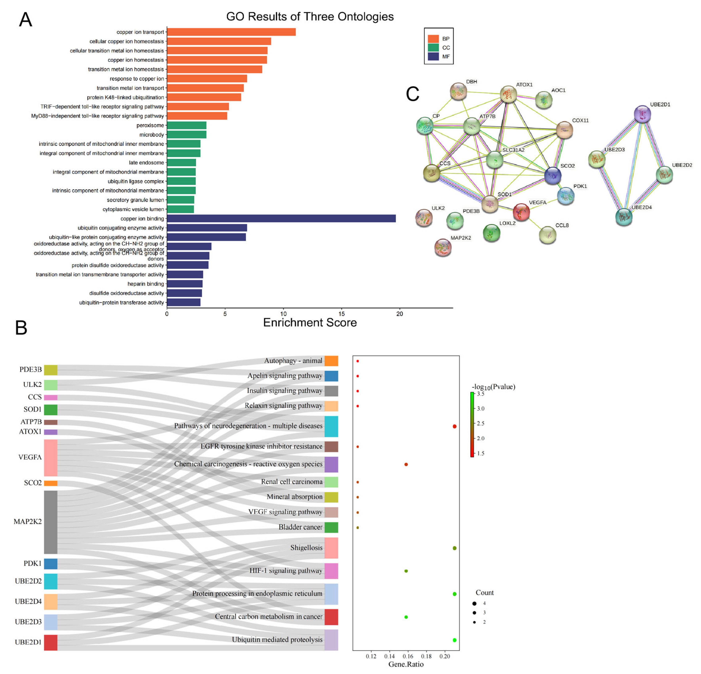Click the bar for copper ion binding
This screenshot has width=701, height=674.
coord(281,218)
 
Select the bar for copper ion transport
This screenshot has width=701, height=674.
coord(231,32)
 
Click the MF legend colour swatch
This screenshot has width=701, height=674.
coord(433,56)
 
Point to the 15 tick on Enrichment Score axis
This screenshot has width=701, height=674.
coord(342,313)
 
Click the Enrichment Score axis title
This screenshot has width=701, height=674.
coord(310,323)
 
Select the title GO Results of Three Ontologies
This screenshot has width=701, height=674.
coord(310,16)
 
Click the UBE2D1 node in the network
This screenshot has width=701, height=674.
coord(642,114)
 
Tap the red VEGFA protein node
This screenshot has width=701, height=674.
coord(521,212)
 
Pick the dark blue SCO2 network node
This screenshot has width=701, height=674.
coord(553,176)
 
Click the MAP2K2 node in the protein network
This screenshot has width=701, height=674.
coord(443,247)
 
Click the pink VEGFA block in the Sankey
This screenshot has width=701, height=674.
coord(50,458)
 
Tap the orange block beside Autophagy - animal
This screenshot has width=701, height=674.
coord(331,361)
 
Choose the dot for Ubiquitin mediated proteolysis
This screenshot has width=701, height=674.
coord(454,640)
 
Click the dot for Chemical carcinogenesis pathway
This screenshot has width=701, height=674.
coord(406,464)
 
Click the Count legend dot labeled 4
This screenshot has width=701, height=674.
coord(474,603)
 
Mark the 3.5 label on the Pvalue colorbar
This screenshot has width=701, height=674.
coord(481,394)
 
